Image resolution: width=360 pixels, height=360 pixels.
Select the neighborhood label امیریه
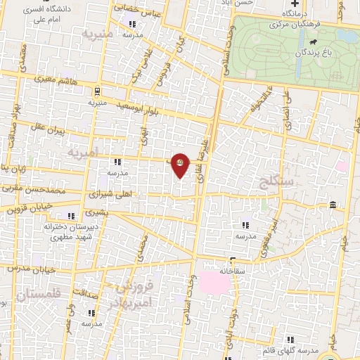85,151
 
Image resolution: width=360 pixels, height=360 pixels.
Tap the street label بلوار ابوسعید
146,105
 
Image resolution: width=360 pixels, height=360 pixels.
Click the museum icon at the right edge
331,205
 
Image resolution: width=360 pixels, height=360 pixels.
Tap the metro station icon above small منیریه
96,91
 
